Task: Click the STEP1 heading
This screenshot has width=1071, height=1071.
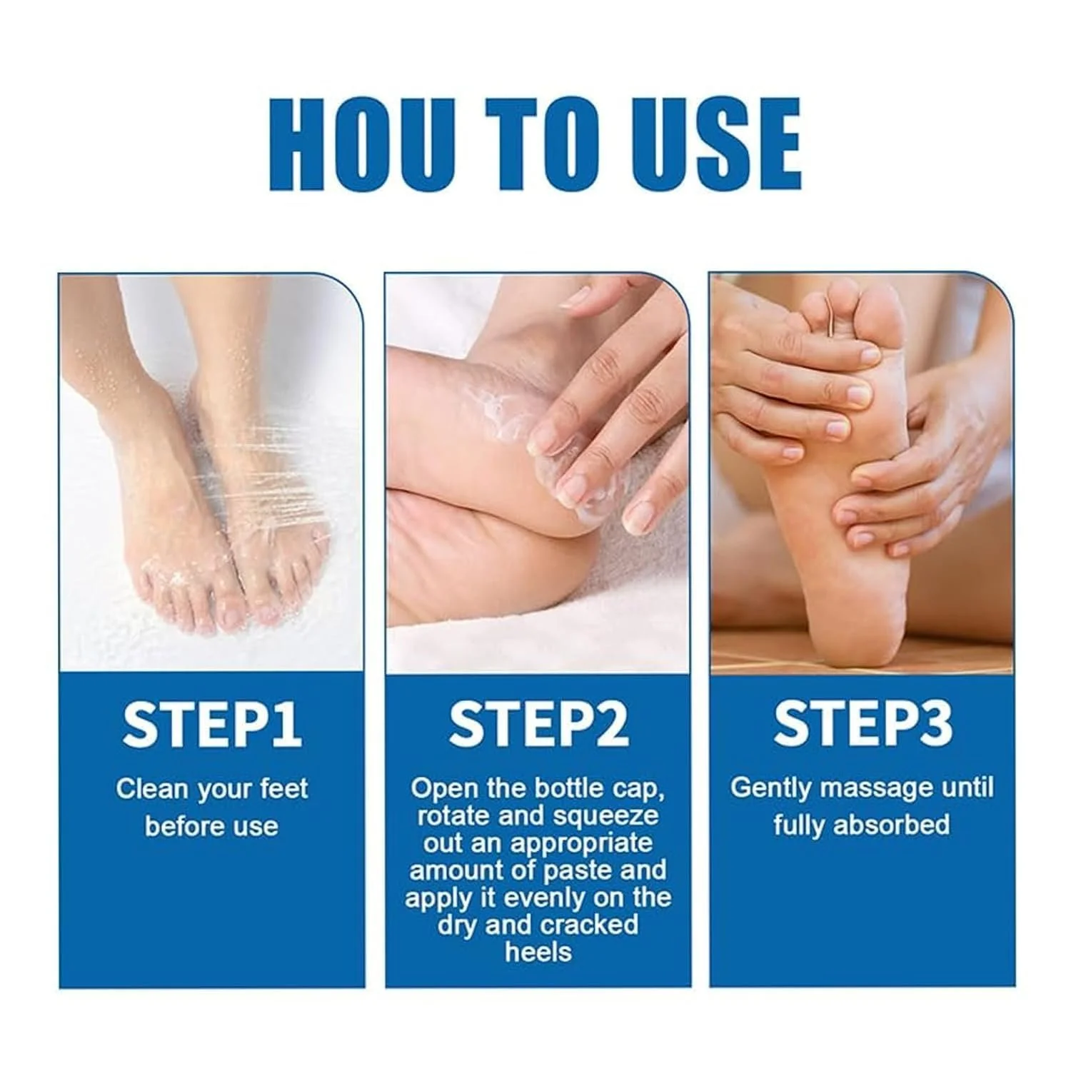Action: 211,725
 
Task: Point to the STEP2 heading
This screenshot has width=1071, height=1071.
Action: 538,725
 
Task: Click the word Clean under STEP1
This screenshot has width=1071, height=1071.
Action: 152,789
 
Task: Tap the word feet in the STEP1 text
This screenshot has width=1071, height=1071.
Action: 283,789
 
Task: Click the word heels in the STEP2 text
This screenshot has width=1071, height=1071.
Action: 538,952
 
